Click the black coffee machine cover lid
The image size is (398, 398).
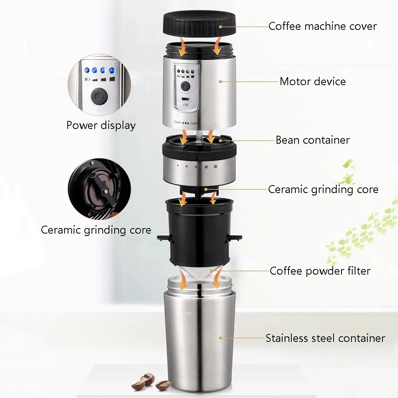coord(198,25)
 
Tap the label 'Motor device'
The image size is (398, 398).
coord(312,82)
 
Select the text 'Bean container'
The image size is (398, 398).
coord(312,140)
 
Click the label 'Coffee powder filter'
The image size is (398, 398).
coord(320,271)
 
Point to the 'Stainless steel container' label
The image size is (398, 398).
coord(325,338)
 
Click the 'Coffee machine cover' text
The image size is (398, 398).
coord(322,26)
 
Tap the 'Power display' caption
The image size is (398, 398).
coord(101,125)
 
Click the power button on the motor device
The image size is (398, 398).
coord(185,86)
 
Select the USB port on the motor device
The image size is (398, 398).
coord(185,99)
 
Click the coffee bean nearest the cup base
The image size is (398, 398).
coord(163,385)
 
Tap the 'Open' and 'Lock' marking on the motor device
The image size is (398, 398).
coord(185,123)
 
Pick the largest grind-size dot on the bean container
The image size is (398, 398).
coord(215,166)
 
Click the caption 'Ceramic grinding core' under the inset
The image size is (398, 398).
coord(96,230)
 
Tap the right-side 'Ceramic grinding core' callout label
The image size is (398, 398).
coord(323,189)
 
